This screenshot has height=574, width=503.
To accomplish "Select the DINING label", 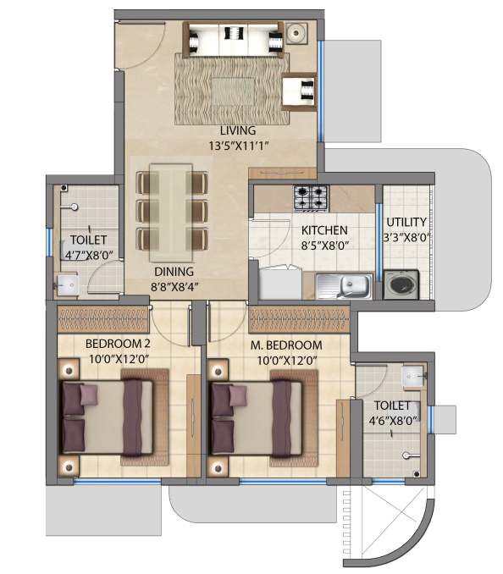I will [x=173, y=272].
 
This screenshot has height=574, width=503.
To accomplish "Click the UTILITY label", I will [x=406, y=223].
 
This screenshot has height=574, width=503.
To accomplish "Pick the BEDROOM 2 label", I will [x=118, y=345].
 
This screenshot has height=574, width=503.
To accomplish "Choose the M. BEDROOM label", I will [x=288, y=345].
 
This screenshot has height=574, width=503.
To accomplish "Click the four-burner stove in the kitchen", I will [x=311, y=198].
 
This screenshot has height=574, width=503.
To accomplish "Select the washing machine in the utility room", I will [x=401, y=284].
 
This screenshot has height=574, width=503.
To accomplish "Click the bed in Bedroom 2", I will [x=108, y=417].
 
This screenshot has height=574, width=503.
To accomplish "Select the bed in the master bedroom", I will [x=257, y=417].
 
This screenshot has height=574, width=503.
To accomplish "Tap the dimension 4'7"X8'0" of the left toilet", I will [x=82, y=252].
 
